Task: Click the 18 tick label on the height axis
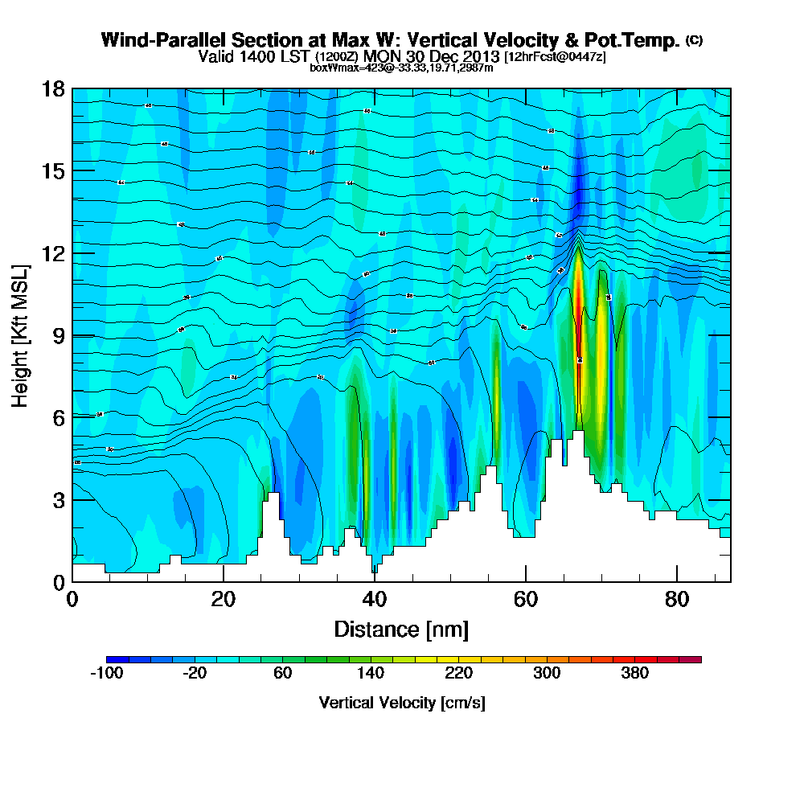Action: click(53, 88)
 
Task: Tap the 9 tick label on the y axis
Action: click(58, 335)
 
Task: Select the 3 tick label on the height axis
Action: click(58, 500)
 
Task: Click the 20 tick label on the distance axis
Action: click(224, 600)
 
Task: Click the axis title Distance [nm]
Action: click(401, 628)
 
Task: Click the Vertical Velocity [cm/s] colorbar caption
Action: click(402, 703)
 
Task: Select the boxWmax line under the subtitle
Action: click(401, 68)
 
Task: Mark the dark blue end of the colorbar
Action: click(111, 659)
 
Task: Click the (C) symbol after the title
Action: click(694, 40)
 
